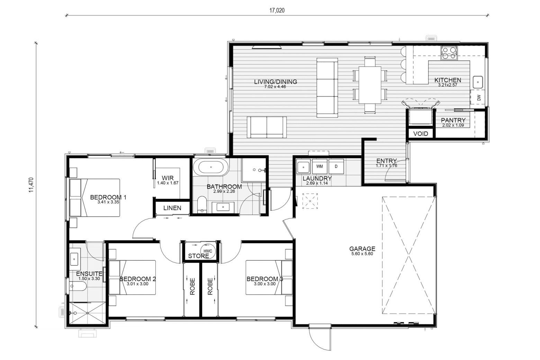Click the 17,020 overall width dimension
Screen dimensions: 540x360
pyautogui.click(x=277, y=10)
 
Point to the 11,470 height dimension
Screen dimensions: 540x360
pyautogui.click(x=31, y=185)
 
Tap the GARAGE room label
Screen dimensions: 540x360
pyautogui.click(x=362, y=249)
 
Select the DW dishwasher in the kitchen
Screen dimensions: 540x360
pyautogui.click(x=478, y=97)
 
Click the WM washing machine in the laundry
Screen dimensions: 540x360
pyautogui.click(x=319, y=166)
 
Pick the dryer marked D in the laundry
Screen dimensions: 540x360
pyautogui.click(x=336, y=166)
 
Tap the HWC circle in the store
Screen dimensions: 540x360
pyautogui.click(x=208, y=251)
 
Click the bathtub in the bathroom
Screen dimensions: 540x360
pyautogui.click(x=211, y=167)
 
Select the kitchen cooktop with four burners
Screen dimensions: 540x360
pyautogui.click(x=449, y=53)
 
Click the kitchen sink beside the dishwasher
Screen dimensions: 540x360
pyautogui.click(x=478, y=82)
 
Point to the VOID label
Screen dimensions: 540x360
pyautogui.click(x=421, y=134)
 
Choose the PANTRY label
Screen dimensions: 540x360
pyautogui.click(x=453, y=120)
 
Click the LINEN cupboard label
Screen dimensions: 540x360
pyautogui.click(x=172, y=208)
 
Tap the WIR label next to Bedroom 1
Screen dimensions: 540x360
pyautogui.click(x=168, y=178)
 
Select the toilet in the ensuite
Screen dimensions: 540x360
pyautogui.click(x=78, y=287)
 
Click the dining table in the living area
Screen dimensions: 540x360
pyautogui.click(x=370, y=85)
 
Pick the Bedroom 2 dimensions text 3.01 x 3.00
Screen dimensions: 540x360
pyautogui.click(x=137, y=284)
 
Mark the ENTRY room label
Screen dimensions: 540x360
pyautogui.click(x=386, y=161)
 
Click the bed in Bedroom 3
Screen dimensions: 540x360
pyautogui.click(x=269, y=277)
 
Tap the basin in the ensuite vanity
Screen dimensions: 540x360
pyautogui.click(x=74, y=259)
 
